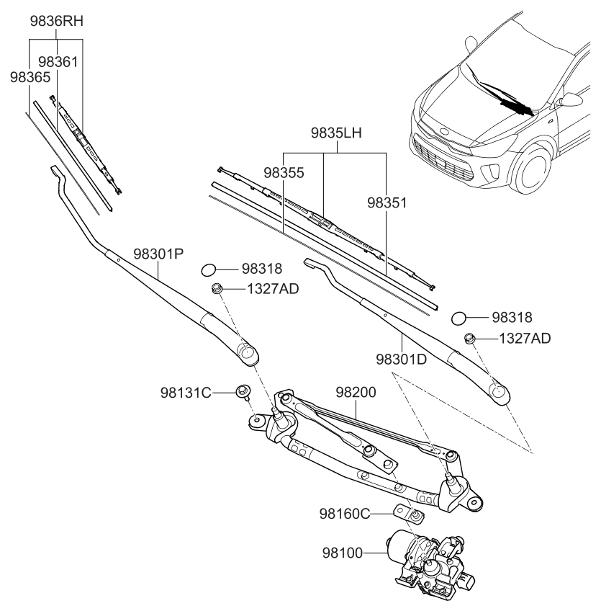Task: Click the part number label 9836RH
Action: click(57, 21)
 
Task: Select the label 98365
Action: click(30, 77)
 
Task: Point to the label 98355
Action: click(284, 173)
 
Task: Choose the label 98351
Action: click(387, 203)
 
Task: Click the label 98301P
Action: click(158, 254)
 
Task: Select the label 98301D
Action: click(402, 358)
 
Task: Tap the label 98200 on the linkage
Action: click(356, 393)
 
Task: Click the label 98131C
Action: click(186, 393)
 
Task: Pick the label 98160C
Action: click(344, 513)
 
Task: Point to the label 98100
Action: click(343, 553)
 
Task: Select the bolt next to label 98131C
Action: click(243, 392)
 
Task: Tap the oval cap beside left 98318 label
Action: click(208, 269)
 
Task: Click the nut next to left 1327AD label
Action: click(217, 289)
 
